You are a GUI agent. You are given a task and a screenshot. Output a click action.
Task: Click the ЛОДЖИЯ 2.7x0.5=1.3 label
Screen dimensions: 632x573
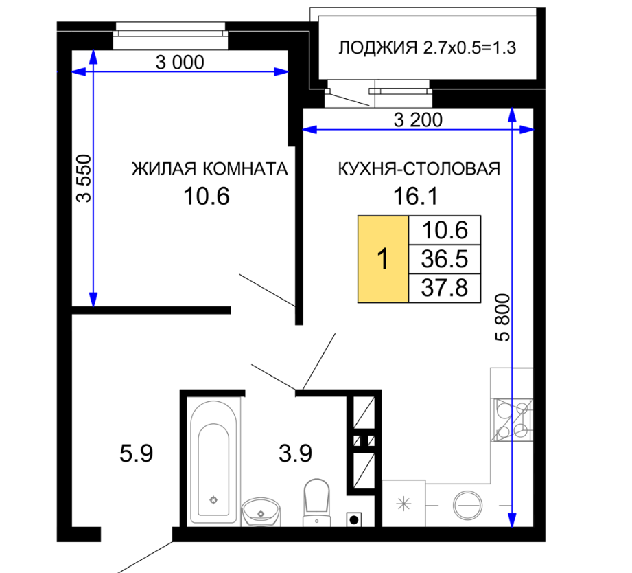427,47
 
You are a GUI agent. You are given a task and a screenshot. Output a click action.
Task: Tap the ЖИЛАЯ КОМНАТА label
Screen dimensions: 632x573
209,169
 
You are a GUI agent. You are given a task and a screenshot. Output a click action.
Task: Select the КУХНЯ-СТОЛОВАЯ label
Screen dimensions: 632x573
419,169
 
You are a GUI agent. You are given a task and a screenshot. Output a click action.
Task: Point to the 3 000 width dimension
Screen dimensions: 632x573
180,63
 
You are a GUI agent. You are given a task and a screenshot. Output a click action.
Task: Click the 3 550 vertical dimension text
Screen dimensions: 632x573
84,178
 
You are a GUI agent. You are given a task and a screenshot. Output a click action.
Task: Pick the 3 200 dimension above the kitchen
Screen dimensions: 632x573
418,120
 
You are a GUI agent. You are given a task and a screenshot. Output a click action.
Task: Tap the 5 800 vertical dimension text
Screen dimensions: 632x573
502,318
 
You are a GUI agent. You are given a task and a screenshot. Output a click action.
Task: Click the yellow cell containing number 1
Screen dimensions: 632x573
383,259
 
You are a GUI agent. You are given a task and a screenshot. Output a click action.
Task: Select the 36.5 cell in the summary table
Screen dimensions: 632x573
445,259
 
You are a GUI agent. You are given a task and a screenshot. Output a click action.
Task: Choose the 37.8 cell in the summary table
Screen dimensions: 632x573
445,288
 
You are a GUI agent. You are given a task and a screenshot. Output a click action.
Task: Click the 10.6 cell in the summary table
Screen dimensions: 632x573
445,230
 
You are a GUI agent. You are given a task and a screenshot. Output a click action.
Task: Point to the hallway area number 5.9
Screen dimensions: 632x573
137,453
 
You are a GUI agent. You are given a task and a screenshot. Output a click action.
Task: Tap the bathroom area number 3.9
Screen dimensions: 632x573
296,453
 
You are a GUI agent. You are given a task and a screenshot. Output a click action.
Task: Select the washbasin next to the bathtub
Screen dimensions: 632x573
261,512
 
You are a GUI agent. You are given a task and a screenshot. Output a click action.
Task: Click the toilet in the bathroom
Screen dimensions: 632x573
317,502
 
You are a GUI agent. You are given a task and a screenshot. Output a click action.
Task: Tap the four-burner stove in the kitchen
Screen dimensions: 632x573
513,420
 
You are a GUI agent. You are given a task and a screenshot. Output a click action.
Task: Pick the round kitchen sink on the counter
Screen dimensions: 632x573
467,505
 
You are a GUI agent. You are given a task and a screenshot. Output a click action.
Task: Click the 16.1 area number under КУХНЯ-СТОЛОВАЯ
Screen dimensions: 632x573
416,196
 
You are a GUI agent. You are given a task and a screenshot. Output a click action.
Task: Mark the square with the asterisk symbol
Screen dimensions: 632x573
403,504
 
